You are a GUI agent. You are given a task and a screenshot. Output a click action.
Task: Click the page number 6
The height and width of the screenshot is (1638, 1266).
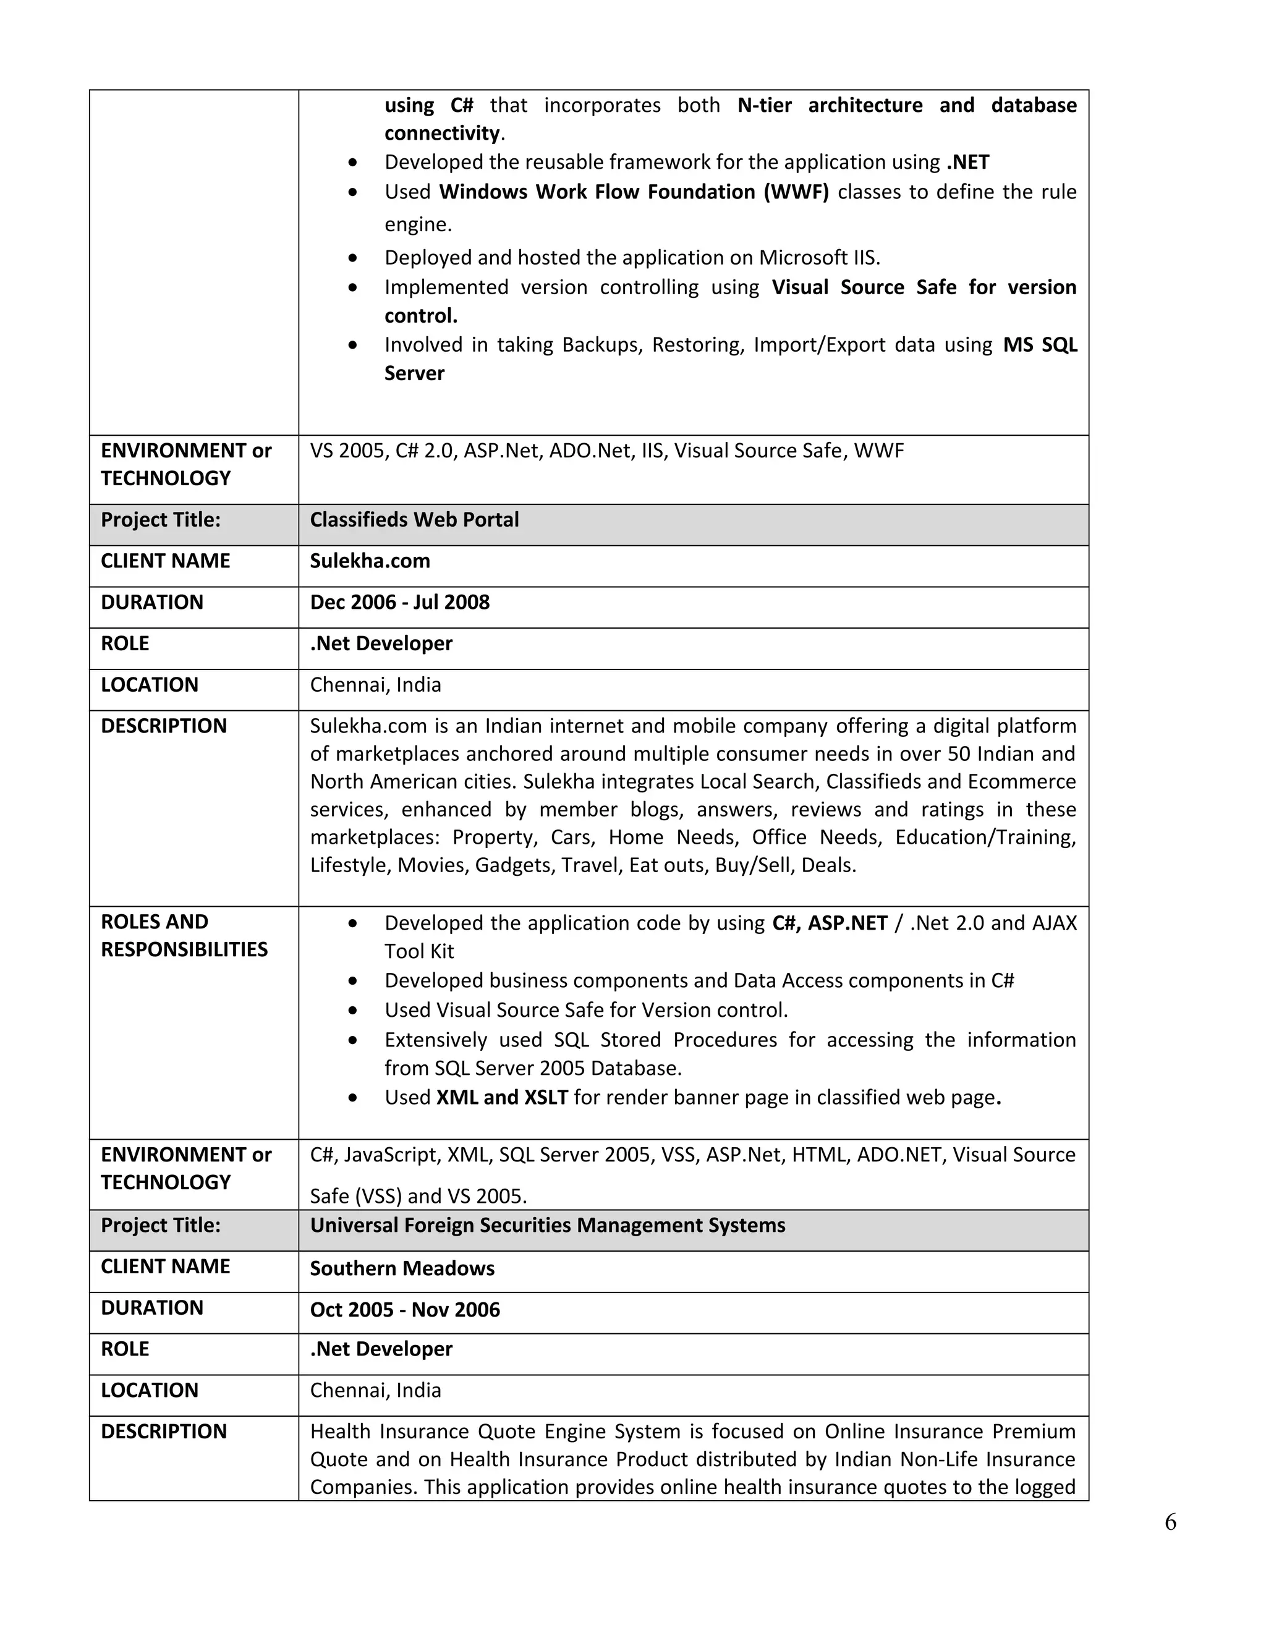pyautogui.click(x=1170, y=1522)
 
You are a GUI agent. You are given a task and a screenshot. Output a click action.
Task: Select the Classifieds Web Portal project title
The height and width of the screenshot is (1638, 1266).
pyautogui.click(x=414, y=520)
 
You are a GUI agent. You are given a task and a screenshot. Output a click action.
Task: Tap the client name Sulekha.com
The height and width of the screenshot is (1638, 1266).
pyautogui.click(x=370, y=561)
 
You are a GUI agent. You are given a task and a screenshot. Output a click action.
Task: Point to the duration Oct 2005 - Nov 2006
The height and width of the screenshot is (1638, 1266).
pyautogui.click(x=404, y=1310)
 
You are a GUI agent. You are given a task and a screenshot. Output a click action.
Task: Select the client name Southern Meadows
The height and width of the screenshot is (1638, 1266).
pyautogui.click(x=402, y=1268)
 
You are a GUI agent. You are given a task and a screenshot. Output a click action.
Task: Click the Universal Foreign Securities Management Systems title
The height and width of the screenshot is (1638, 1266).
pyautogui.click(x=548, y=1226)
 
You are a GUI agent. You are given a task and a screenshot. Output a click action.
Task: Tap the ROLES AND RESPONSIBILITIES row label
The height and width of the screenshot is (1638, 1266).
pyautogui.click(x=184, y=935)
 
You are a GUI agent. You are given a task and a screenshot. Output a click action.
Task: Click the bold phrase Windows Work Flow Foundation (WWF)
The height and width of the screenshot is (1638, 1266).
pyautogui.click(x=634, y=192)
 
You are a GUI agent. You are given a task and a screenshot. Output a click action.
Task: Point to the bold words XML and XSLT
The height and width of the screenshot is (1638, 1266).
pyautogui.click(x=502, y=1097)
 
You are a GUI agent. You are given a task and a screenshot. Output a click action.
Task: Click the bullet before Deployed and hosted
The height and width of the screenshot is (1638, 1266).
pyautogui.click(x=352, y=258)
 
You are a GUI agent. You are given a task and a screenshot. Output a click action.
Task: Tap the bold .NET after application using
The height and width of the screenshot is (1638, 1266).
pyautogui.click(x=967, y=163)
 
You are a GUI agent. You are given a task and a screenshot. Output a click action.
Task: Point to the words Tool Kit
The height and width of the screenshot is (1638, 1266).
pyautogui.click(x=419, y=952)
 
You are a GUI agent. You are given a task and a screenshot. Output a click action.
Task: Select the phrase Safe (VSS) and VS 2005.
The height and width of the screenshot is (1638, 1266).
pyautogui.click(x=418, y=1195)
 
